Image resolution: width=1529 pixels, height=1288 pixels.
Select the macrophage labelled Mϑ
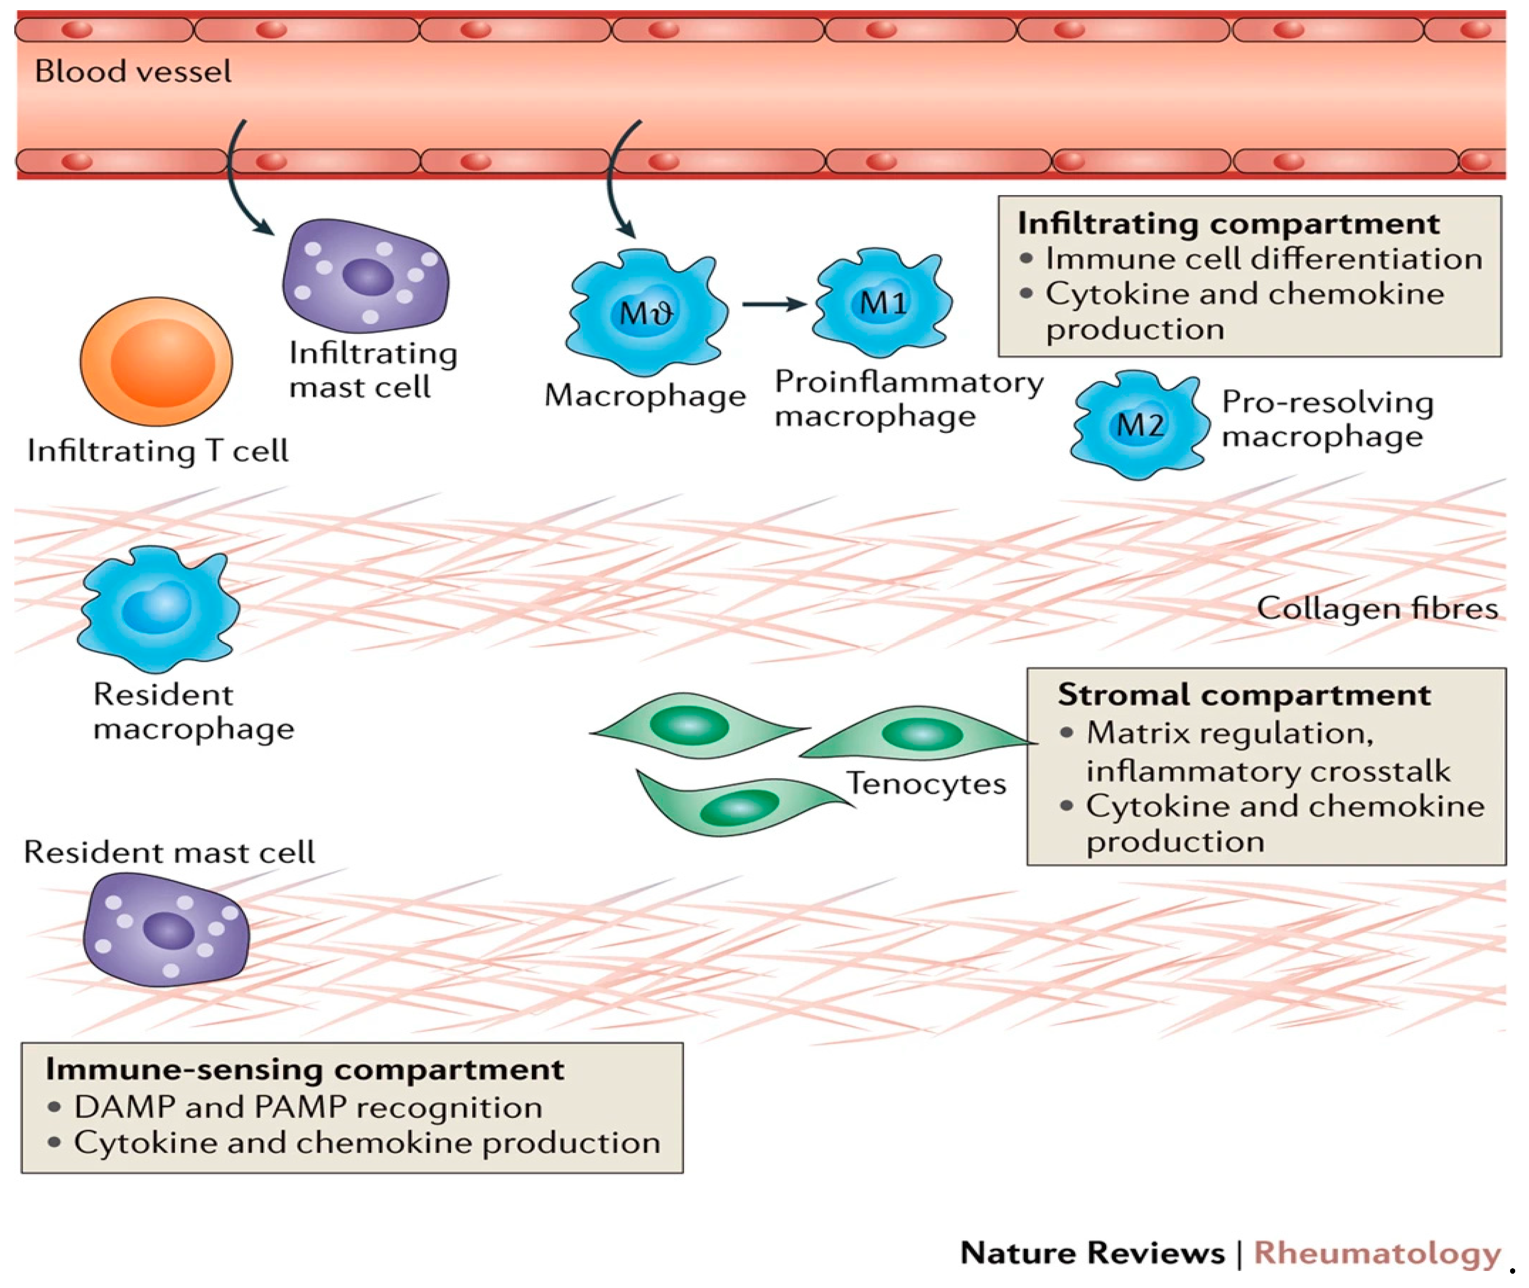[x=646, y=313]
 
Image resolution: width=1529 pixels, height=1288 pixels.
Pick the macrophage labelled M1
[x=882, y=303]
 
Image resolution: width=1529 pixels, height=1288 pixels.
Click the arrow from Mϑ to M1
[x=773, y=304]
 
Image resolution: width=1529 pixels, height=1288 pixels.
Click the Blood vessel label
[x=133, y=71]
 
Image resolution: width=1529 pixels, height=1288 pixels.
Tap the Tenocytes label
[x=926, y=783]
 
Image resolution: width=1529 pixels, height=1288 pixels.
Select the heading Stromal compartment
[x=1244, y=694]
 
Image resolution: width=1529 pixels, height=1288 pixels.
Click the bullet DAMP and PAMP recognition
[x=307, y=1107]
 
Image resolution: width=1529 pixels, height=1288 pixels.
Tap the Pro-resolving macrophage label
[x=1327, y=419]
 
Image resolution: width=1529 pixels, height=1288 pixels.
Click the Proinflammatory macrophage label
[x=908, y=398]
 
